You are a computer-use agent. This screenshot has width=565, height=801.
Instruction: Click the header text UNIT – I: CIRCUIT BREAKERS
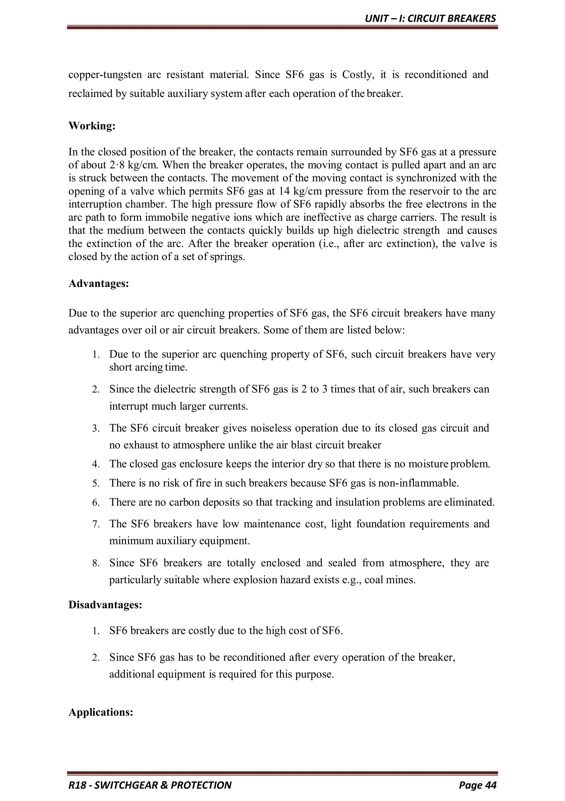(430, 18)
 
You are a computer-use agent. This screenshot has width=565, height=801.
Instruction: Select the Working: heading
(92, 126)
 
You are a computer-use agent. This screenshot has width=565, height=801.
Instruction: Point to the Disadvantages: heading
(105, 604)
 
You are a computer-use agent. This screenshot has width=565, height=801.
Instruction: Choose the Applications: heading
(101, 712)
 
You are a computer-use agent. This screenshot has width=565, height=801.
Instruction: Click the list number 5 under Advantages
(96, 484)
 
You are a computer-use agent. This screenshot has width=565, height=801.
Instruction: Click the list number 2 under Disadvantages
(96, 658)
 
